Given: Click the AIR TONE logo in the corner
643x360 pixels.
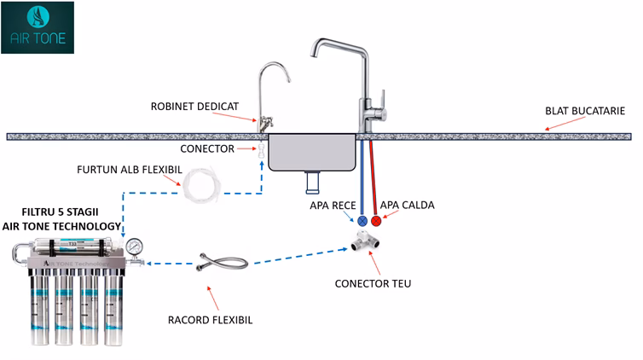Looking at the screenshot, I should click(x=37, y=27).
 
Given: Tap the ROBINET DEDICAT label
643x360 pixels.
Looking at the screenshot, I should click(x=194, y=107).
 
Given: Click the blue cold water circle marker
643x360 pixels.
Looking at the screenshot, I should click(x=362, y=220).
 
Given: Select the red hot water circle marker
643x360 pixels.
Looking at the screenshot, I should click(x=376, y=220).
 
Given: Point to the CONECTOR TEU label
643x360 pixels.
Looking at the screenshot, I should click(x=374, y=283).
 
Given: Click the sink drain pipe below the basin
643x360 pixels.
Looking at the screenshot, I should click(x=313, y=181).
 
